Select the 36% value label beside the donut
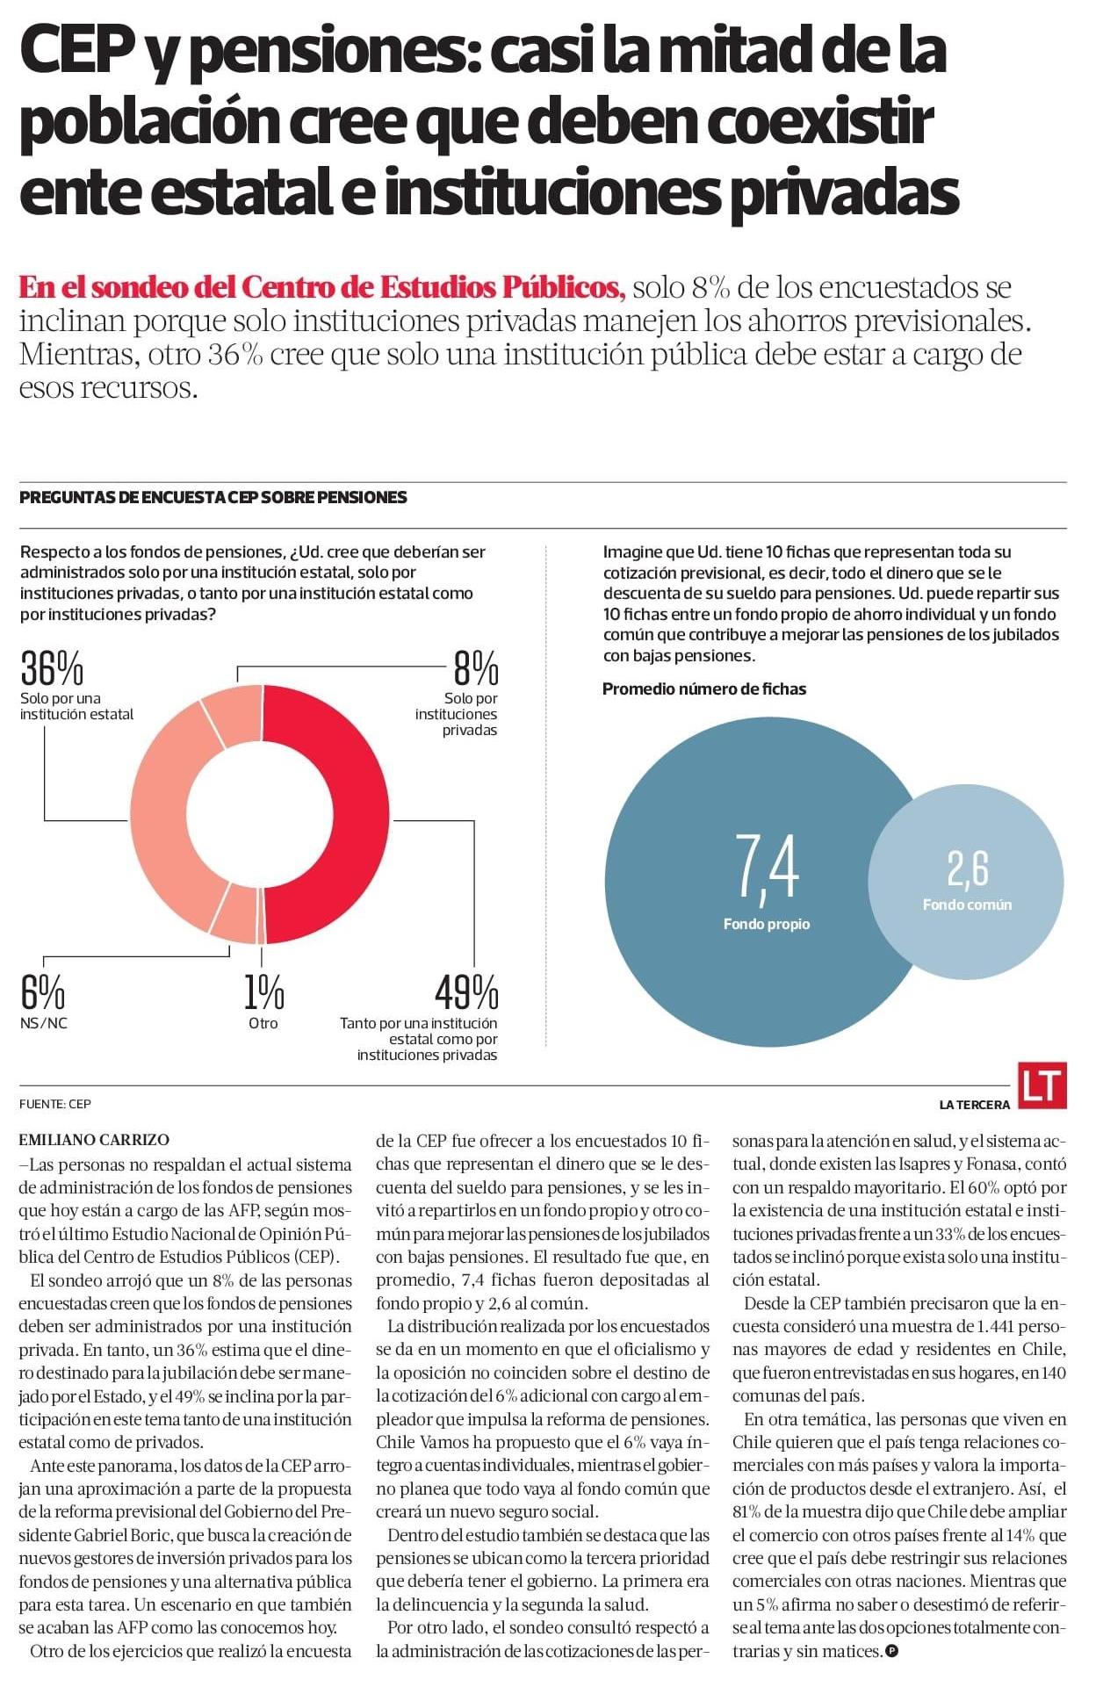[52, 669]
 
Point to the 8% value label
[475, 669]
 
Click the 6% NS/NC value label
[42, 993]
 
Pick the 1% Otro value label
[263, 993]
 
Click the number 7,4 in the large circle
[767, 867]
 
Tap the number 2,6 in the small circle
[967, 869]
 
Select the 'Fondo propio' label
[767, 924]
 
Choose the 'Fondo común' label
[967, 905]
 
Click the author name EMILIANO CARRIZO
[94, 1140]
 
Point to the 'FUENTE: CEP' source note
[54, 1104]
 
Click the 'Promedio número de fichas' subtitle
[703, 689]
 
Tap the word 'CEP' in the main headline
[75, 53]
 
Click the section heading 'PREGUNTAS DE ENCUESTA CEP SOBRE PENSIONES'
[213, 497]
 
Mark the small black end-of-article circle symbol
[892, 1651]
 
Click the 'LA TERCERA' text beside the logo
[974, 1105]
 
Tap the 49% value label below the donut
[466, 993]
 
